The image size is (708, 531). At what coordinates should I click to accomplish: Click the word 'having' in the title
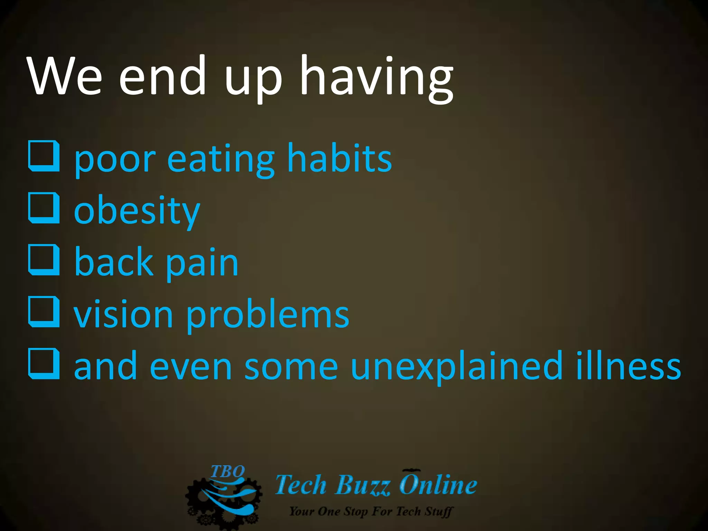click(x=377, y=77)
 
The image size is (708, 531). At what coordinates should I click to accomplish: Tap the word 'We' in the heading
click(x=65, y=77)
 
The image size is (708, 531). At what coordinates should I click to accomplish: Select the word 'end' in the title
click(x=162, y=77)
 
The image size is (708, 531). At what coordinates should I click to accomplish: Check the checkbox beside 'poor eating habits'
click(x=44, y=156)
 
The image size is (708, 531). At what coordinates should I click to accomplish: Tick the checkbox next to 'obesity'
click(x=44, y=208)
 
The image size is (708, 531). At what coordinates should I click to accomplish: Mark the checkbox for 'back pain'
click(x=44, y=260)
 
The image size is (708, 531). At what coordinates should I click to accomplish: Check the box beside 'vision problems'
click(x=44, y=312)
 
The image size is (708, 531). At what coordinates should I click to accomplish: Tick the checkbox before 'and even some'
click(x=44, y=364)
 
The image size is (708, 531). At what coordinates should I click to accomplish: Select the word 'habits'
click(x=339, y=158)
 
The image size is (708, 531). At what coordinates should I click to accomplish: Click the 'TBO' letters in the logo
click(x=227, y=472)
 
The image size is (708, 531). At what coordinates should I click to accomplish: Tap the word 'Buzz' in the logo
click(x=363, y=485)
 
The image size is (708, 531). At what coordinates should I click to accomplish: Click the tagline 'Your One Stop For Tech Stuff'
click(x=371, y=511)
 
